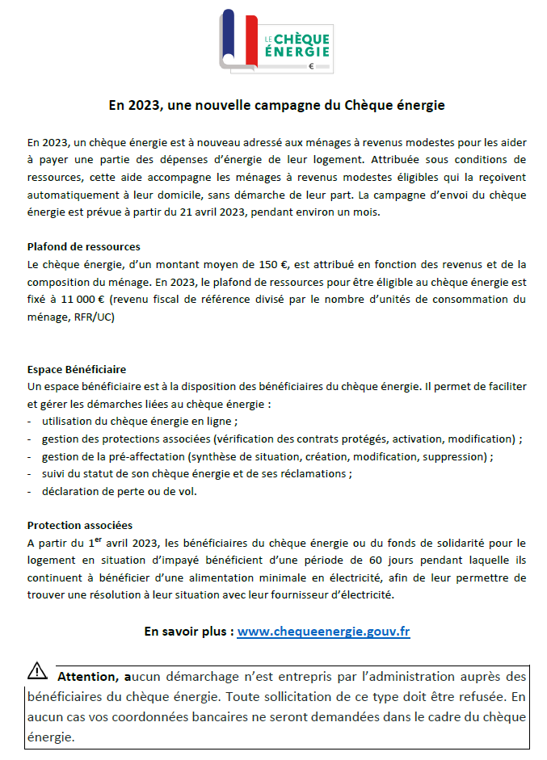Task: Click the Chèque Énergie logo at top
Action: tap(276, 42)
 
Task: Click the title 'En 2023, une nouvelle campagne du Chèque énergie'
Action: tap(277, 105)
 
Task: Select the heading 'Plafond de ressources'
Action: tap(83, 246)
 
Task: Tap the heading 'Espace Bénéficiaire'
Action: tap(77, 369)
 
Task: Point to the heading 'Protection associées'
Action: tap(79, 525)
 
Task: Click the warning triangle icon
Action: tap(38, 670)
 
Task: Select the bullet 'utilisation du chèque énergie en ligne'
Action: tap(139, 422)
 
